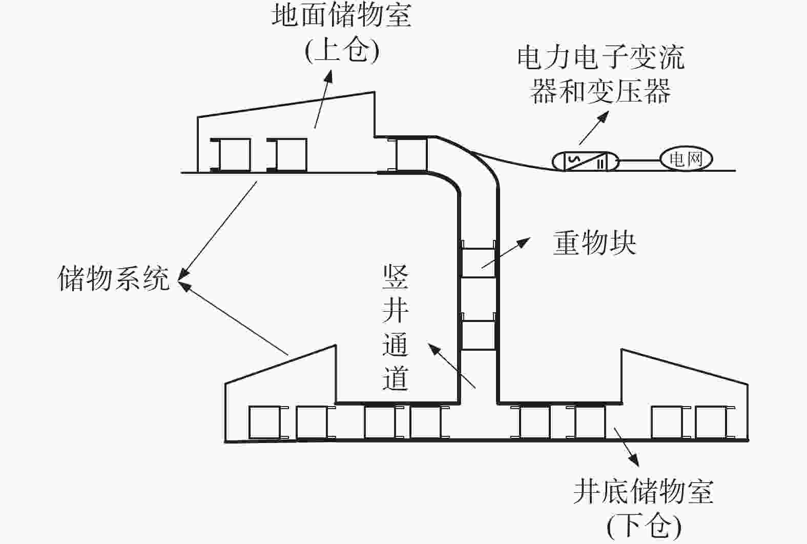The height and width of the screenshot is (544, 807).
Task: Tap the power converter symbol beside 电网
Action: pos(586,161)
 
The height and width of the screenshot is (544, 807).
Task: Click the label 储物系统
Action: pos(114,279)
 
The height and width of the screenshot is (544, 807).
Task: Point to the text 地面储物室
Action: pos(341,16)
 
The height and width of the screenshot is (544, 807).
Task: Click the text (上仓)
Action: pos(342,51)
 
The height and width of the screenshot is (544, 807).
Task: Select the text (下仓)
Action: pos(644,527)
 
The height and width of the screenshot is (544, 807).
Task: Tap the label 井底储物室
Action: pos(644,491)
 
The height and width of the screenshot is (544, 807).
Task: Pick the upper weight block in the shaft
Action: pos(479,263)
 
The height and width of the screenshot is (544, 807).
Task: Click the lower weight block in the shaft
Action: pos(479,335)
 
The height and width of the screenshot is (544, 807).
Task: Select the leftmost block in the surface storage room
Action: pos(231,155)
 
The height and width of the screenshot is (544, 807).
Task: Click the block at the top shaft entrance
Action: pos(411,154)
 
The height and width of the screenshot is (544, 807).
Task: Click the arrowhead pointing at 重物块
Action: pos(524,242)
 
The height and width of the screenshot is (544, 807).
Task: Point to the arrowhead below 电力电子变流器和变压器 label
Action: pos(604,116)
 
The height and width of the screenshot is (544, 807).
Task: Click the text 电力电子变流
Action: pos(601,57)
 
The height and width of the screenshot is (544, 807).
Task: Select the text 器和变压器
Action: pos(601,91)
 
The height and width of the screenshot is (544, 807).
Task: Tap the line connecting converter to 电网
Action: pos(639,161)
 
